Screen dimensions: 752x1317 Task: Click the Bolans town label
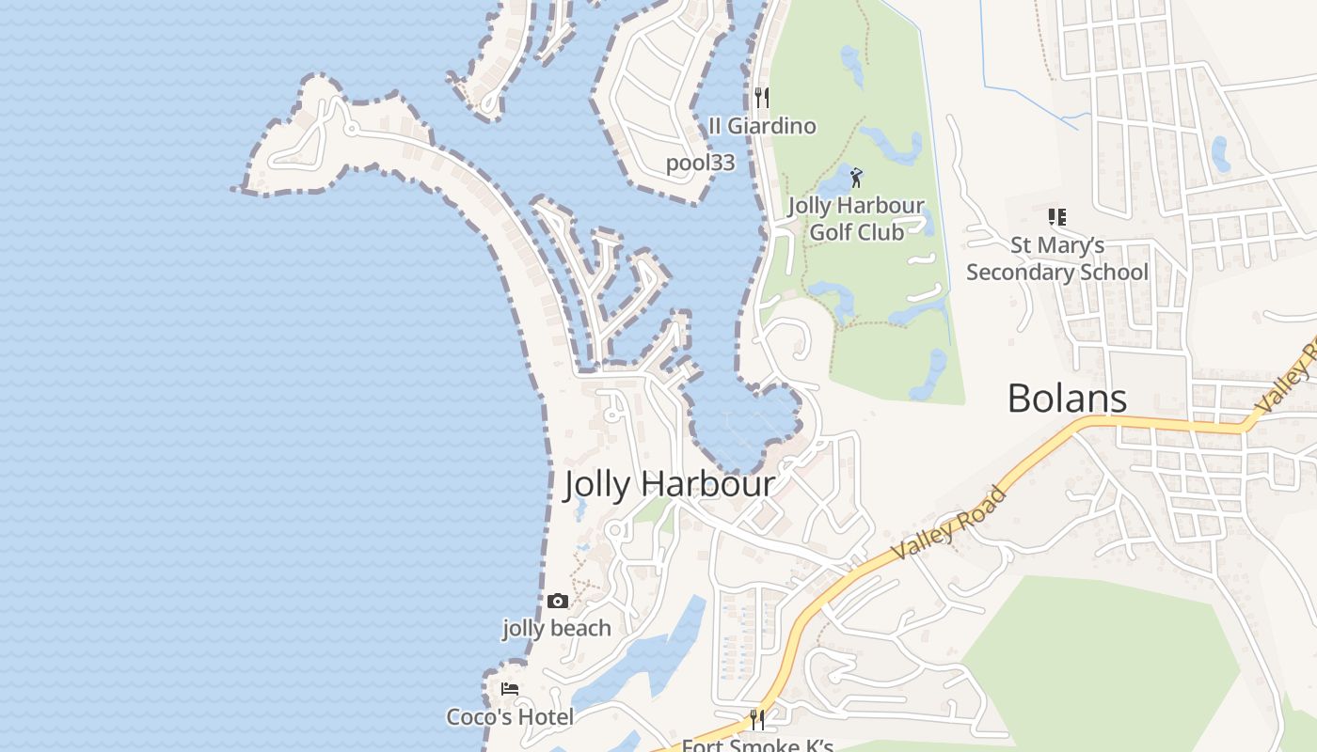[x=1067, y=399]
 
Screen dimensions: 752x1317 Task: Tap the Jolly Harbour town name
[x=669, y=485]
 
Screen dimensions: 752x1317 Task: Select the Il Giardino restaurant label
[x=762, y=126]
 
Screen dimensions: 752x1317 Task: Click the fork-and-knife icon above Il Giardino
[x=762, y=97]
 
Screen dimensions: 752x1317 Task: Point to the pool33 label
[x=700, y=163]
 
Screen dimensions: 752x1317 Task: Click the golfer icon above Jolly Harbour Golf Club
[x=855, y=178]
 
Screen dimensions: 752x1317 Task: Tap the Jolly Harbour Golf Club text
[x=856, y=218]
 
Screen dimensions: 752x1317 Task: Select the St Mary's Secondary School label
[x=1057, y=258]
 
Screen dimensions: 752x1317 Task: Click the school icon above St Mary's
[x=1057, y=217]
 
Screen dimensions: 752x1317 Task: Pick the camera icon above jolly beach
[x=557, y=601]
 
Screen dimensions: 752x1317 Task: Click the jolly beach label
[x=557, y=628]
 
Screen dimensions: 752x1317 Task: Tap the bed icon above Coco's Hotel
[x=510, y=689]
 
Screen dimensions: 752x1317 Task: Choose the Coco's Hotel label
[x=510, y=717]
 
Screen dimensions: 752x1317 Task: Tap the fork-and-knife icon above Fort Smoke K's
[x=757, y=719]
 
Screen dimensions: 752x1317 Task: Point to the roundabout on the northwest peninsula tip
[x=350, y=127]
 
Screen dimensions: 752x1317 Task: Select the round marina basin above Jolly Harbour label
[x=743, y=428]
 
